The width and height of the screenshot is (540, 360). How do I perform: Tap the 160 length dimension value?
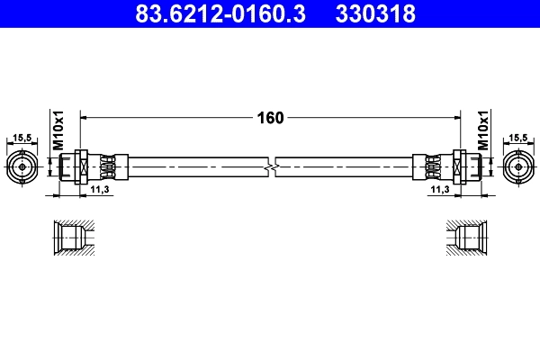point(271,118)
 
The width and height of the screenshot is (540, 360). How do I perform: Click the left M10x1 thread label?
point(57,130)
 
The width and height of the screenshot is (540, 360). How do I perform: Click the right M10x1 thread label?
point(483,130)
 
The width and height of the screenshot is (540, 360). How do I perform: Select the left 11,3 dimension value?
point(100,191)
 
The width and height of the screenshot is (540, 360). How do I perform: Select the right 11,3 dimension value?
point(439,191)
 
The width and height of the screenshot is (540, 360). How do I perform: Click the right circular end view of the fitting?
point(519,167)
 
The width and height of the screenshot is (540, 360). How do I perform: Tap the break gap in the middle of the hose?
point(271,167)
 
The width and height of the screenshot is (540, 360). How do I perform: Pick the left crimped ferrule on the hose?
point(109,167)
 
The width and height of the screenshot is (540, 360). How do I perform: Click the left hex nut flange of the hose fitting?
point(81,167)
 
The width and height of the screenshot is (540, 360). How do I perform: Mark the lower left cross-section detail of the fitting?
point(71,238)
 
